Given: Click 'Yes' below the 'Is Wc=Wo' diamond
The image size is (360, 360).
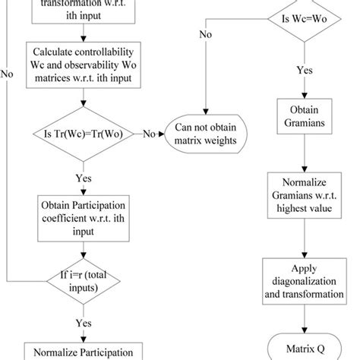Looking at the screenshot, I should (x=305, y=69).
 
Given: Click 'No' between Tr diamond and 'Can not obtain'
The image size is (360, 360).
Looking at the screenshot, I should (x=150, y=134).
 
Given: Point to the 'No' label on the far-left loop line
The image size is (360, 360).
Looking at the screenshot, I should (x=7, y=75).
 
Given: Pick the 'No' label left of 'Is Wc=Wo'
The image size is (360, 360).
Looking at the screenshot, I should (x=206, y=33).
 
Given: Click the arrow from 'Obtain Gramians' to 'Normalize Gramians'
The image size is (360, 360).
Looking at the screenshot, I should (x=305, y=156).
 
